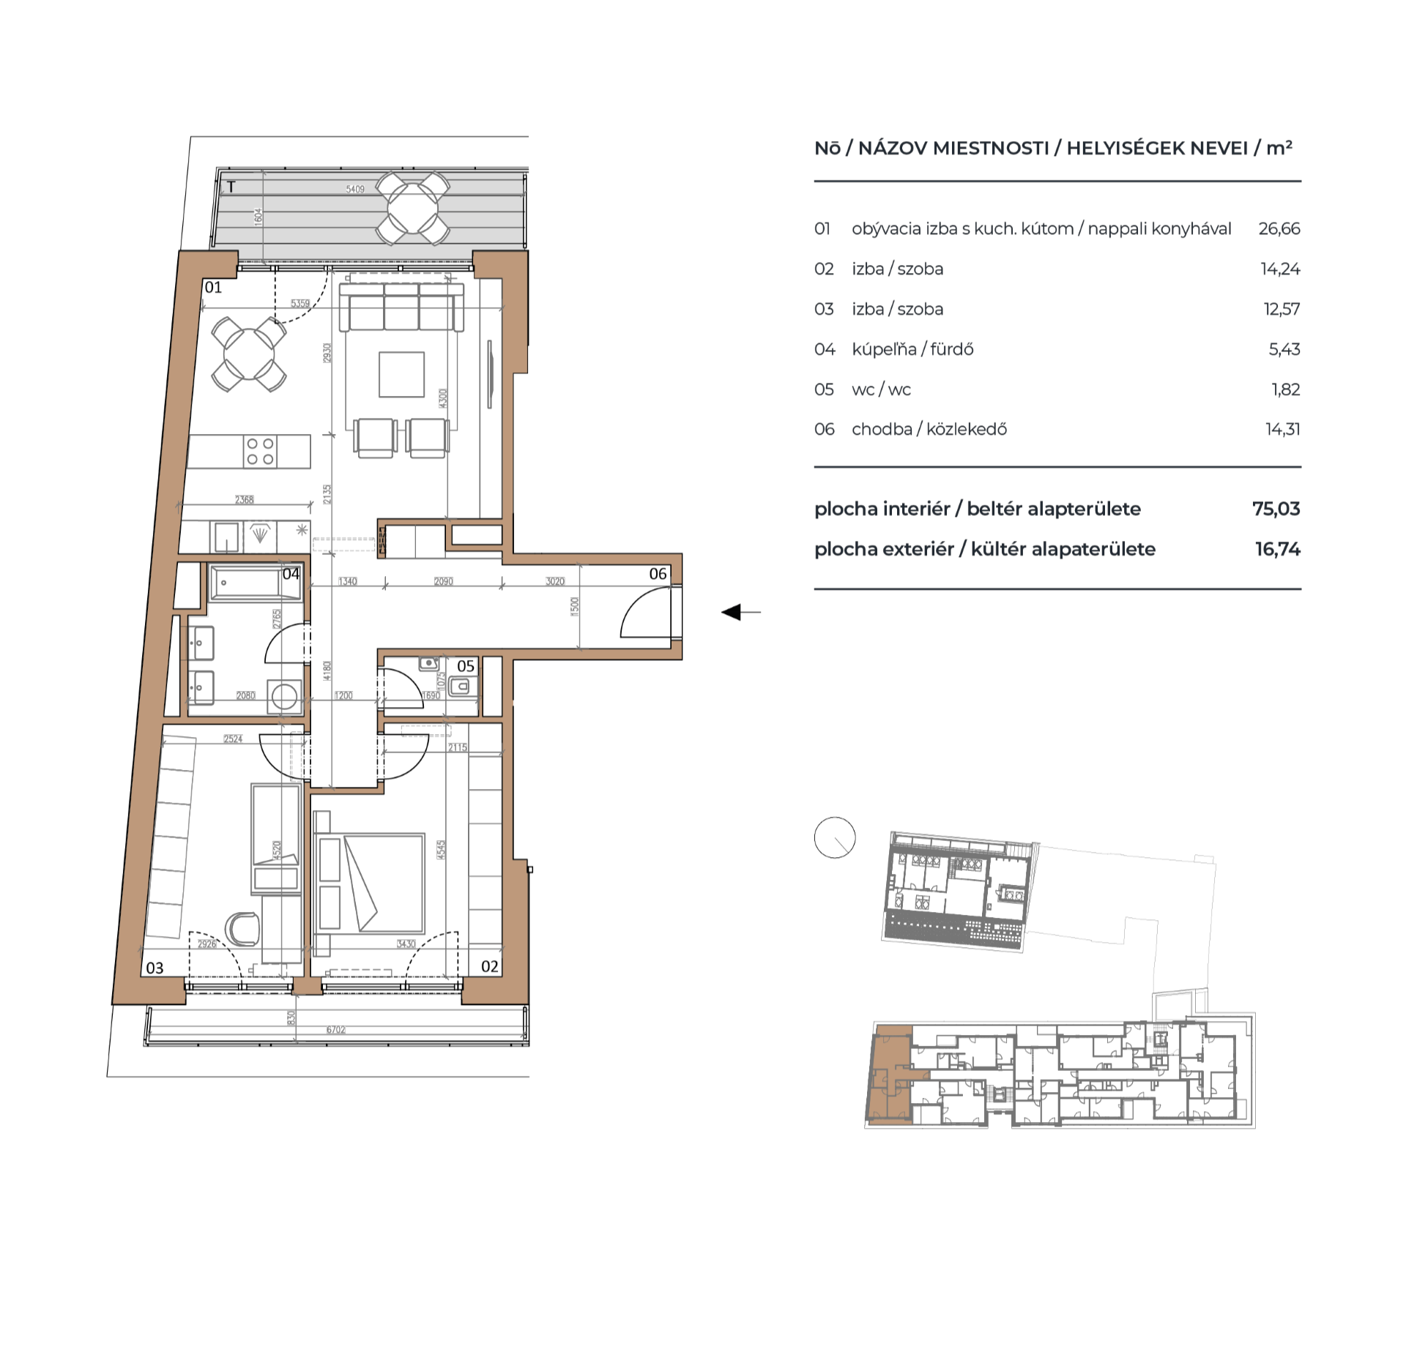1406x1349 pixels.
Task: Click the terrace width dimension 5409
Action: click(355, 189)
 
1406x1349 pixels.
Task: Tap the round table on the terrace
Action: click(412, 209)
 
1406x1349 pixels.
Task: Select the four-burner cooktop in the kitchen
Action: click(260, 452)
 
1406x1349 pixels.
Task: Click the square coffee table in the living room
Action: click(401, 374)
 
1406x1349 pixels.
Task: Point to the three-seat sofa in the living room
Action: click(401, 308)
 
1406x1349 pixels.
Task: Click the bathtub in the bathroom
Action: click(254, 583)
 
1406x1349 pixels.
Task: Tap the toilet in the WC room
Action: click(461, 687)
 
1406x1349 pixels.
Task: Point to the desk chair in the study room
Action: click(242, 929)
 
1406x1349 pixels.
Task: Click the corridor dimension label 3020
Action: click(554, 581)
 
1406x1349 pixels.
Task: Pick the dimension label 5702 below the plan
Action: click(335, 1030)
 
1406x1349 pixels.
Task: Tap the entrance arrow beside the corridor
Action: click(732, 612)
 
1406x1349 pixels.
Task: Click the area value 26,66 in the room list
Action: click(1279, 228)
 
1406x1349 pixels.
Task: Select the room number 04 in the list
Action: click(825, 349)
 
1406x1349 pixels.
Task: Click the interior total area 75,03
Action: click(1276, 509)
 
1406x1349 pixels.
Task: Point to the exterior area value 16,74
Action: click(1277, 549)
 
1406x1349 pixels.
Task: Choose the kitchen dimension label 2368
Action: click(244, 499)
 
